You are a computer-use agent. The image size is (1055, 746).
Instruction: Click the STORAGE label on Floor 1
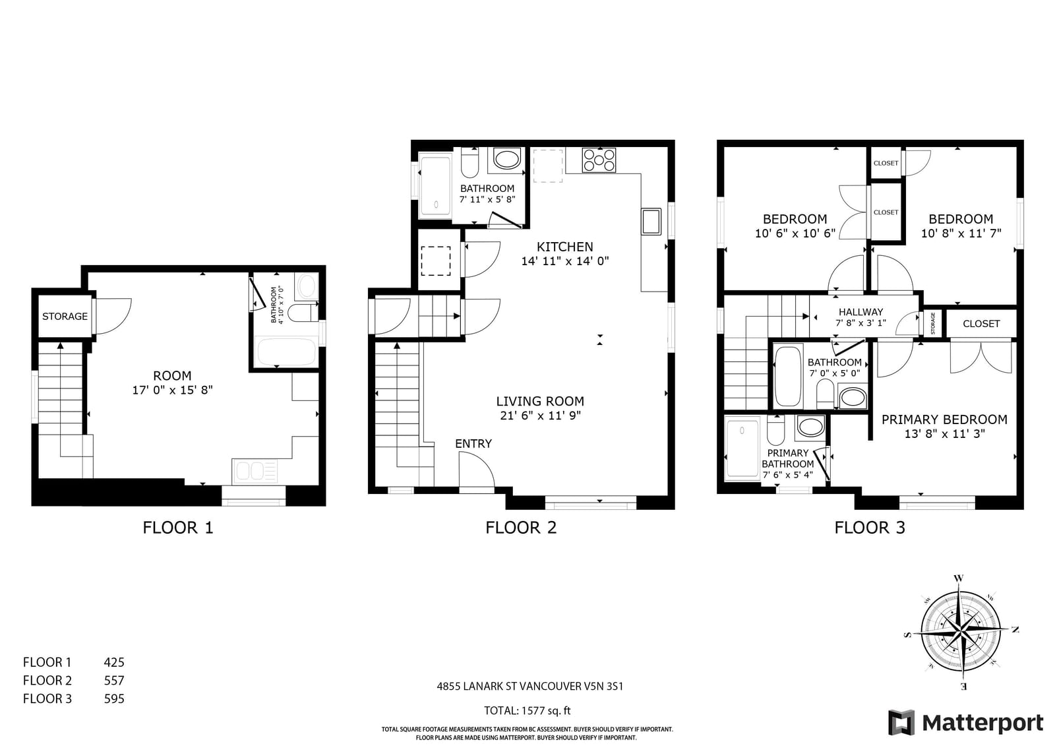pos(65,316)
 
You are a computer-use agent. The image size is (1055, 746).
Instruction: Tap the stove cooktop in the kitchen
pos(599,160)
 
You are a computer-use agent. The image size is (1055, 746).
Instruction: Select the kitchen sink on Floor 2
pos(651,221)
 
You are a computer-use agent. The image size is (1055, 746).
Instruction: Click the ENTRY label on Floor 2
pos(473,443)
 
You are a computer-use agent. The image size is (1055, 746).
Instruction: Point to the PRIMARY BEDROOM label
pos(944,420)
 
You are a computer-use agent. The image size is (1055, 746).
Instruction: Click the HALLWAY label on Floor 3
pos(860,312)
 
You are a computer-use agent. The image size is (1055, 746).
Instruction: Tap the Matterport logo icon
pos(901,722)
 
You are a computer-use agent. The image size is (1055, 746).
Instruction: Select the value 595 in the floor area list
pos(114,699)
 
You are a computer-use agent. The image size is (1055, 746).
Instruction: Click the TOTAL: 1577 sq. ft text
pos(527,710)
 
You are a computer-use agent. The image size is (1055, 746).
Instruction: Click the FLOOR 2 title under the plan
pos(521,527)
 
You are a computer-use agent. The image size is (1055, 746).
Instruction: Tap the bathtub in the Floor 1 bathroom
pos(286,352)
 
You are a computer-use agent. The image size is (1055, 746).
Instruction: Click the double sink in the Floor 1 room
pos(255,471)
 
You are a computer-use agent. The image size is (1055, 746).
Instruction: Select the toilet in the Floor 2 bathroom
pos(469,162)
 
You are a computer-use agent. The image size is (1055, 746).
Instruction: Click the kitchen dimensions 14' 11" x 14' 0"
pos(564,261)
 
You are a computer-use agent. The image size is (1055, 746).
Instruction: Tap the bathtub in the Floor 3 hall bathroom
pos(788,376)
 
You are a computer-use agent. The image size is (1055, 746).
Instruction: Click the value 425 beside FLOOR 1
pos(114,662)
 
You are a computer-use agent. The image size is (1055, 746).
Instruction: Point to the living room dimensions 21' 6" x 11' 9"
pos(540,415)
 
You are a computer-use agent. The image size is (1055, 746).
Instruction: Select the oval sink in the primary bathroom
pos(810,427)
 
